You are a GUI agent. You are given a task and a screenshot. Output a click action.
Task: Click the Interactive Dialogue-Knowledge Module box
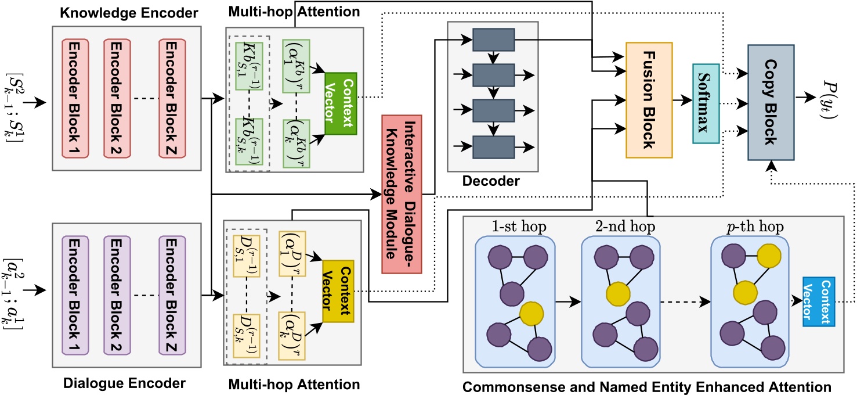pyautogui.click(x=402, y=194)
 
